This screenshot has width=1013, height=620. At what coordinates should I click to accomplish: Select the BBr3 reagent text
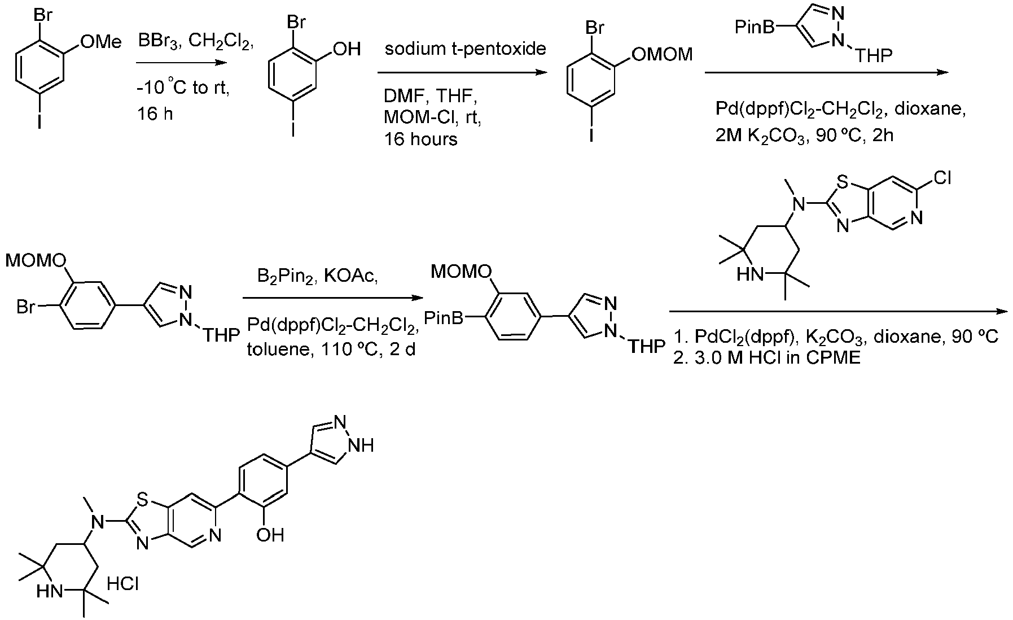tap(160, 41)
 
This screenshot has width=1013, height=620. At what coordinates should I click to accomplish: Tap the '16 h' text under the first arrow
tap(155, 114)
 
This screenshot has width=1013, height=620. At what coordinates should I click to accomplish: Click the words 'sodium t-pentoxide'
tap(466, 49)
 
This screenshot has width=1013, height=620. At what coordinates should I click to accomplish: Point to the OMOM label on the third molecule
tap(662, 55)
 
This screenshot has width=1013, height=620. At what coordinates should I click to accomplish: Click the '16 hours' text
tap(420, 139)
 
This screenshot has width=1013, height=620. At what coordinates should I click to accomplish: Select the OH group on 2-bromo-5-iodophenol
tap(347, 49)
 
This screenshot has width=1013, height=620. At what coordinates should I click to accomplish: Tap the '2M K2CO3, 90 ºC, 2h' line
tap(804, 135)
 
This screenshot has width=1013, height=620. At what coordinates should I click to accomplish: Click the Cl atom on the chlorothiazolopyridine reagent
tap(943, 179)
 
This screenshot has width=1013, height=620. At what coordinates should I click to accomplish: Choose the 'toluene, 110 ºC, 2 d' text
tap(331, 350)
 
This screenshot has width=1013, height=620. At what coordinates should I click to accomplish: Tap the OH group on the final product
tap(270, 534)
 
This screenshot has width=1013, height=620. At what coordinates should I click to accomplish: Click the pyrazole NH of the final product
tap(361, 446)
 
